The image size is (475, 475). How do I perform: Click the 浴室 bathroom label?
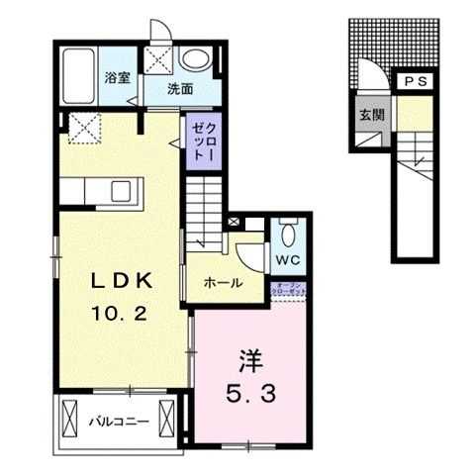(x=117, y=78)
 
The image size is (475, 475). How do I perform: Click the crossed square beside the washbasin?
(x=156, y=59)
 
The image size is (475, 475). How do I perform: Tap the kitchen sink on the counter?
(x=123, y=189)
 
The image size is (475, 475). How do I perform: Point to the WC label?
(x=288, y=260)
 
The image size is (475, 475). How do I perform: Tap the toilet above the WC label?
(x=287, y=234)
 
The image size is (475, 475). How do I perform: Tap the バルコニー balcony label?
(x=119, y=421)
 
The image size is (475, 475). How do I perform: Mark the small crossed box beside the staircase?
(x=234, y=223)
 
